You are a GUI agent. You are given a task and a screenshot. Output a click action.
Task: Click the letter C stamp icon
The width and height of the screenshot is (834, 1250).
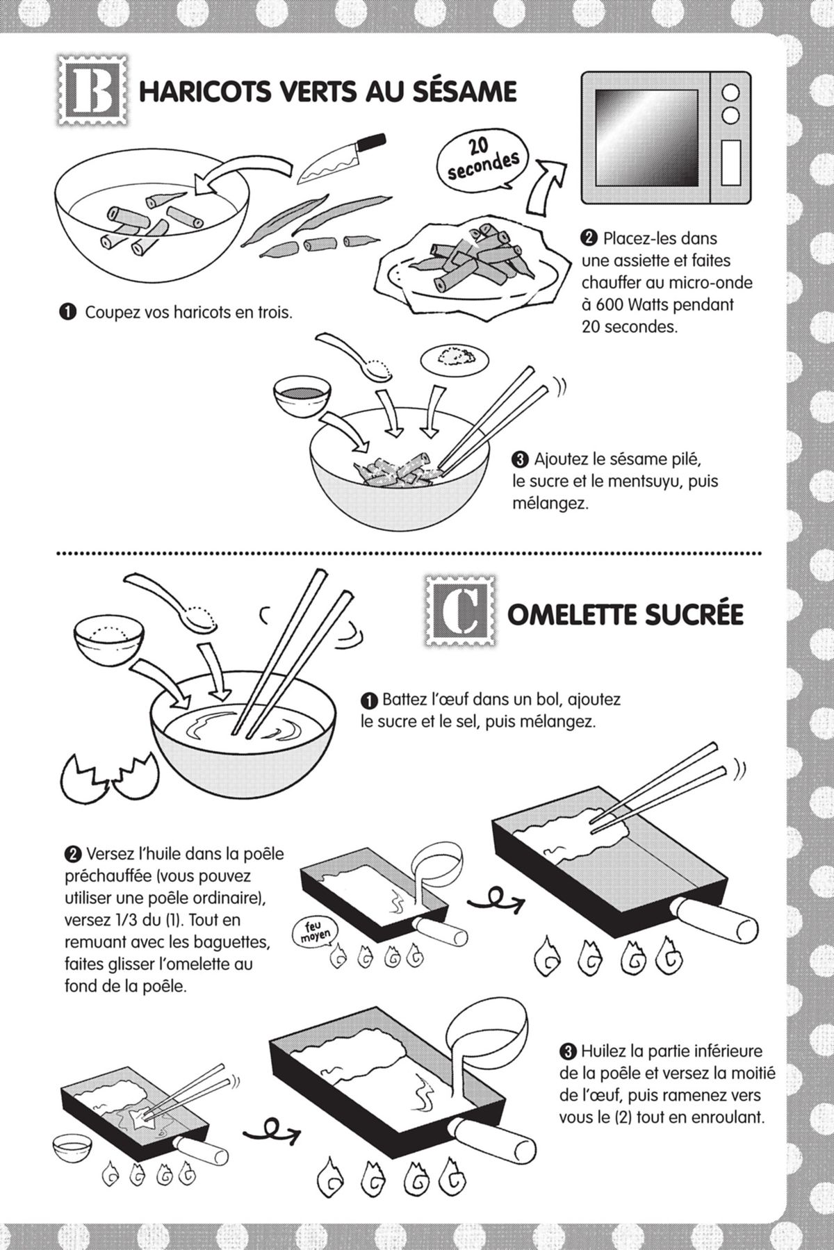(459, 611)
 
